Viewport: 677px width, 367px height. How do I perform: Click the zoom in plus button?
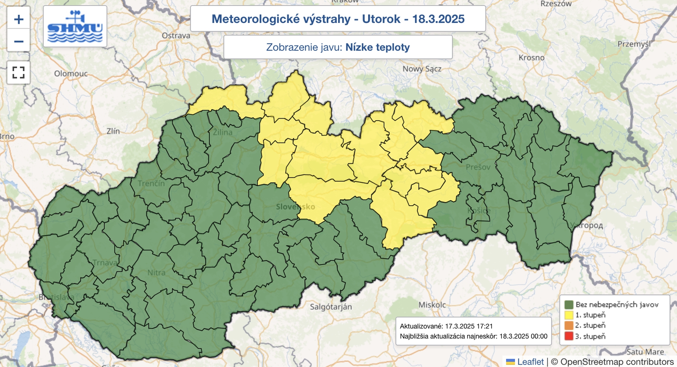tap(19, 19)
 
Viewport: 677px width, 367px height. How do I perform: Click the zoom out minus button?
tap(19, 41)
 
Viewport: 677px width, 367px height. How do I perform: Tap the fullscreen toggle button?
tap(19, 72)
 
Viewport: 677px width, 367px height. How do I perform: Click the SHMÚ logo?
tap(75, 26)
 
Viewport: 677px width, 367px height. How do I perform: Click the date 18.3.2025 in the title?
tap(438, 19)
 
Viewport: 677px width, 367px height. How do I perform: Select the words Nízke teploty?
tap(377, 47)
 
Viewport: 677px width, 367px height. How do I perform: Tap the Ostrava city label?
tap(176, 36)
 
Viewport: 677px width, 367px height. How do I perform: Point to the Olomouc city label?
tap(71, 74)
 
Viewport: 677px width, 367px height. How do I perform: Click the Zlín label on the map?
tap(113, 131)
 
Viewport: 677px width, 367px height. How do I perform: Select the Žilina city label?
tap(223, 132)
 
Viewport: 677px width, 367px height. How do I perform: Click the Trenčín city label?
tap(151, 183)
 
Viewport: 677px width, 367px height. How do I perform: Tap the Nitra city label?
tap(156, 273)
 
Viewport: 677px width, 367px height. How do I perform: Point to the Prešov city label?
tap(478, 167)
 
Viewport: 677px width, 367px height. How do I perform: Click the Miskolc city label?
tap(432, 305)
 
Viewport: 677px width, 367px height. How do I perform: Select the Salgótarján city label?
tap(330, 307)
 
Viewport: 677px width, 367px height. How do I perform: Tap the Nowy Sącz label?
tap(421, 69)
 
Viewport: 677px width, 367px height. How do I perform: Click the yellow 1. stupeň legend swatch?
tap(569, 315)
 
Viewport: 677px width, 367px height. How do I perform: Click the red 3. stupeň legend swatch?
tap(569, 337)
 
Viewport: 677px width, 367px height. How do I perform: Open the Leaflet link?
tap(530, 361)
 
